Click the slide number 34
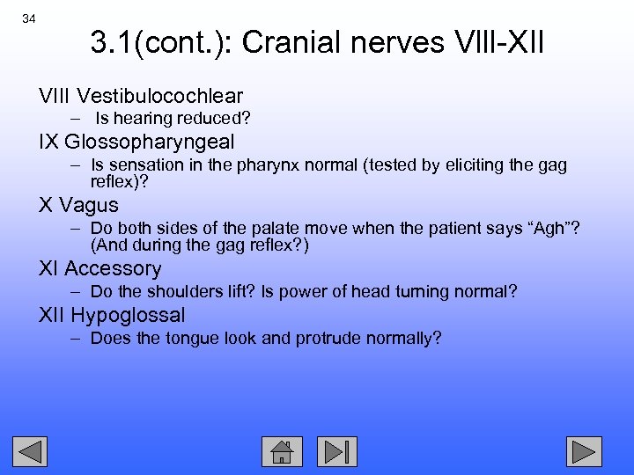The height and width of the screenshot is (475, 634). pos(29,19)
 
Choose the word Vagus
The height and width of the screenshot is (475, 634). pos(88,205)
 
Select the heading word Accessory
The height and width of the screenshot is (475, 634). pos(113,268)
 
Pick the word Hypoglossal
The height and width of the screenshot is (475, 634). pos(128,314)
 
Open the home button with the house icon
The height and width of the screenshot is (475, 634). pos(282,451)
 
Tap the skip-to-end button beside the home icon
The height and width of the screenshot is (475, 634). pos(337,451)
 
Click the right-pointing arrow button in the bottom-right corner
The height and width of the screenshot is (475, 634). pos(584,451)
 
